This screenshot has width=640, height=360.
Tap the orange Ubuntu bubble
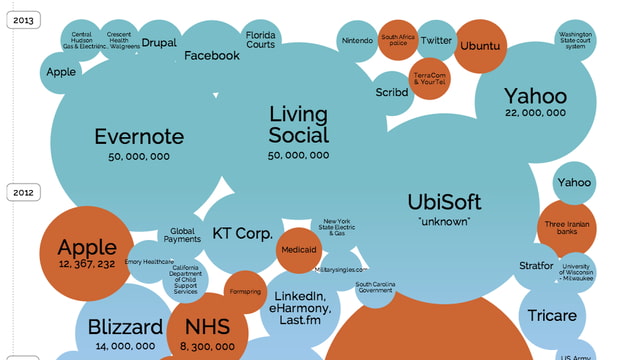click(482, 46)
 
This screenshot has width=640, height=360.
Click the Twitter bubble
click(436, 40)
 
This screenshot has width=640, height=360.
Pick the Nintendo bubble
click(357, 40)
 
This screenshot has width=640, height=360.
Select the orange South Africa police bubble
click(397, 40)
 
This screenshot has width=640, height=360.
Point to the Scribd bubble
click(394, 91)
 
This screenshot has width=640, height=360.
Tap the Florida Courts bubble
click(261, 40)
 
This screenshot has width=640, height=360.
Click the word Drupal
click(159, 43)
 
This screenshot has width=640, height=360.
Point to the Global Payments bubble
click(182, 235)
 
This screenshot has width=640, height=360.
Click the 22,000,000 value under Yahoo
click(536, 115)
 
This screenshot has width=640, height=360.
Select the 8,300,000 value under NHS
click(208, 346)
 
